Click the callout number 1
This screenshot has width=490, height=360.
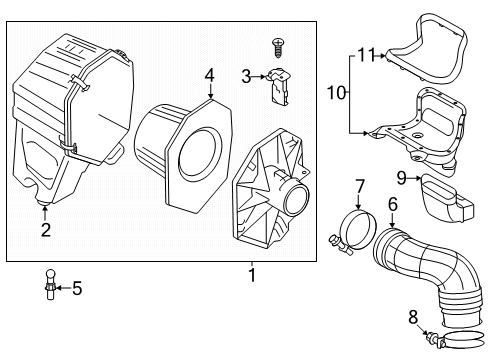tap(251, 273)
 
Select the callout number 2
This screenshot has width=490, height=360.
tap(45, 231)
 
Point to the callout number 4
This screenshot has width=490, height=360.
tap(209, 74)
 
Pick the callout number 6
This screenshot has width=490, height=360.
tap(393, 204)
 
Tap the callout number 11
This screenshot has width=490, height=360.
tap(366, 54)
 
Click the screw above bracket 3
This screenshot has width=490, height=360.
tap(277, 45)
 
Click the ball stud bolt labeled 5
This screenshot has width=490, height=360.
tap(48, 285)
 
